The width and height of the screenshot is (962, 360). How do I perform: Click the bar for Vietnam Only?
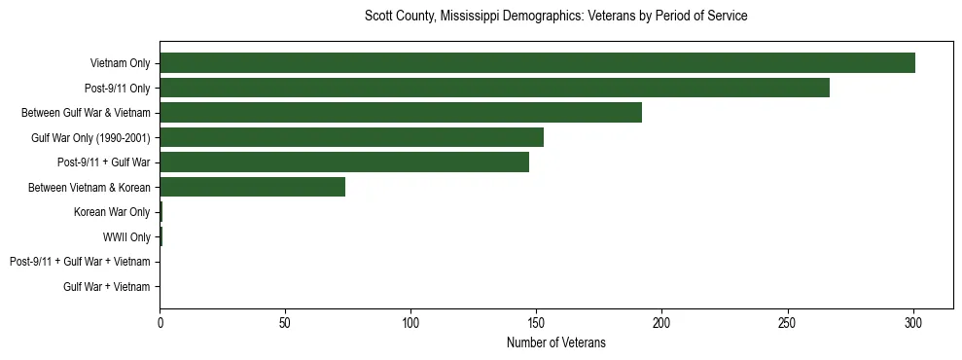tap(537, 63)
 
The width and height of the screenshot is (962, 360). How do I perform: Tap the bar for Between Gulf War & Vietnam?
tap(401, 112)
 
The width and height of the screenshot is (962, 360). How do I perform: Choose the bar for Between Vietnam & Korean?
tap(253, 187)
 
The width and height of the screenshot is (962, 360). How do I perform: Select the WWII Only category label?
tap(126, 236)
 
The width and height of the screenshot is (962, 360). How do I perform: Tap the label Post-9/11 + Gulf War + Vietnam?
tap(80, 262)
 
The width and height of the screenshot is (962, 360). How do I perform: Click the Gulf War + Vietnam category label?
tap(107, 287)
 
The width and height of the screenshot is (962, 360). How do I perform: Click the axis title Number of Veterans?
tap(555, 342)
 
